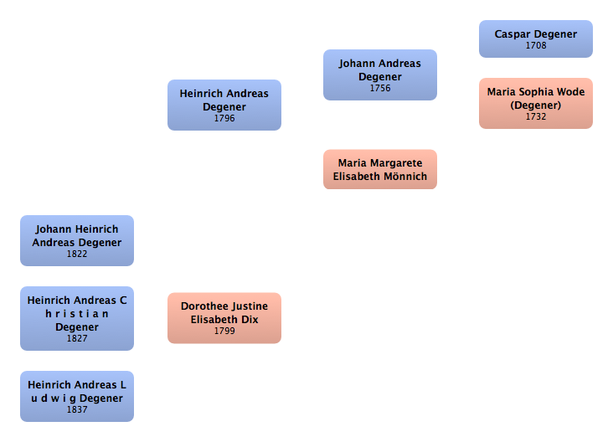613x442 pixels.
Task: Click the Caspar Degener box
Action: coord(535,39)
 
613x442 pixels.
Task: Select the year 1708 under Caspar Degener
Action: coord(536,45)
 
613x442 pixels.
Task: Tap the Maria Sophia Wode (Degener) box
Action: coord(535,103)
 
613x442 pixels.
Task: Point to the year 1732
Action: coord(536,116)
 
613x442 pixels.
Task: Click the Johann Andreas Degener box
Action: coord(379,75)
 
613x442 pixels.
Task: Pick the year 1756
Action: coord(380,88)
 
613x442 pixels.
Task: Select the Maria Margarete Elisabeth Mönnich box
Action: coord(379,169)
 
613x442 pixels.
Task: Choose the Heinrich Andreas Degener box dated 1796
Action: coord(224,105)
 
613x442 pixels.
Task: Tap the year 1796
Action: coord(224,118)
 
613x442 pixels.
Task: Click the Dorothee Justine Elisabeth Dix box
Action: coord(224,317)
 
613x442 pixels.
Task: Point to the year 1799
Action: coord(224,331)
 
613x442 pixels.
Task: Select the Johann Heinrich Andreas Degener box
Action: coord(76,240)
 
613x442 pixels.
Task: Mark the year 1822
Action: coord(77,254)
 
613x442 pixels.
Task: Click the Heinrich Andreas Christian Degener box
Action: coord(76,318)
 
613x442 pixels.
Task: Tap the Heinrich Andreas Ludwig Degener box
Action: coord(76,396)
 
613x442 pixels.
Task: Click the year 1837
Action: coord(77,409)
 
